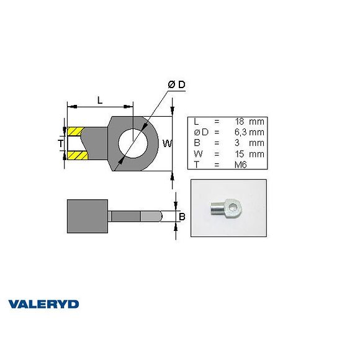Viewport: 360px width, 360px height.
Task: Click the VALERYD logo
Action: tap(43, 304)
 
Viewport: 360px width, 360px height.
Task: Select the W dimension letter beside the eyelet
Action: tap(166, 144)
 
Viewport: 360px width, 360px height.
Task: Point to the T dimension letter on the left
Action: tap(60, 143)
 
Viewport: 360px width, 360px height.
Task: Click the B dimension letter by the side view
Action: tap(182, 217)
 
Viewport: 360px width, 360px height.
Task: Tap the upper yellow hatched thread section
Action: tap(76, 132)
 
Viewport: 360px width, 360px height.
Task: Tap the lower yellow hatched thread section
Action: tap(76, 155)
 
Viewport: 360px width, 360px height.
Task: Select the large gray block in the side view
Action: tap(88, 216)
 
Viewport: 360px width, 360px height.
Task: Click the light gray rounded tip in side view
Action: tap(151, 216)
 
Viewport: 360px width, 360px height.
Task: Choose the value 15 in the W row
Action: tap(240, 153)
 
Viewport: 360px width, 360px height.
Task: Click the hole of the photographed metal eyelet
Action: tap(233, 205)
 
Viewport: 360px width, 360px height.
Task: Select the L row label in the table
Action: tap(196, 122)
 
